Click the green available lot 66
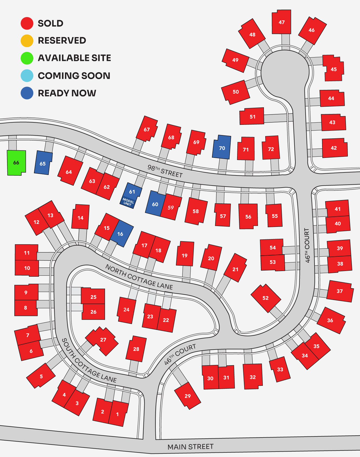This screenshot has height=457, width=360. click(x=16, y=163)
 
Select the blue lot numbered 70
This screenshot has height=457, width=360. click(x=222, y=148)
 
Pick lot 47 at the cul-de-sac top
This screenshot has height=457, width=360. click(x=282, y=22)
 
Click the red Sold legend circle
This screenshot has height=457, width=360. click(x=27, y=23)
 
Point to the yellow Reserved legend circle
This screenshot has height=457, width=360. click(x=27, y=41)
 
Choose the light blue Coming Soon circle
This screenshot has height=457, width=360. click(x=27, y=76)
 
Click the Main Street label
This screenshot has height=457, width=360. click(x=190, y=447)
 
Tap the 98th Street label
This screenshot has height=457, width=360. click(x=165, y=171)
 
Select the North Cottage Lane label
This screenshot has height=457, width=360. click(x=139, y=277)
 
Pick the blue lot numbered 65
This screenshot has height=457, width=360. click(x=43, y=163)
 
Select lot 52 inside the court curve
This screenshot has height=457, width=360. click(x=266, y=298)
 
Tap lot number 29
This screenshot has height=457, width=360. click(x=188, y=396)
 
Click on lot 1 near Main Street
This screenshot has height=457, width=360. click(x=117, y=414)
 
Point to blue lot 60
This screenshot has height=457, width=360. click(x=155, y=204)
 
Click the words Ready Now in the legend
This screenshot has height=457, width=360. click(x=67, y=93)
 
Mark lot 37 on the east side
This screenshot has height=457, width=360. click(x=340, y=291)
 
